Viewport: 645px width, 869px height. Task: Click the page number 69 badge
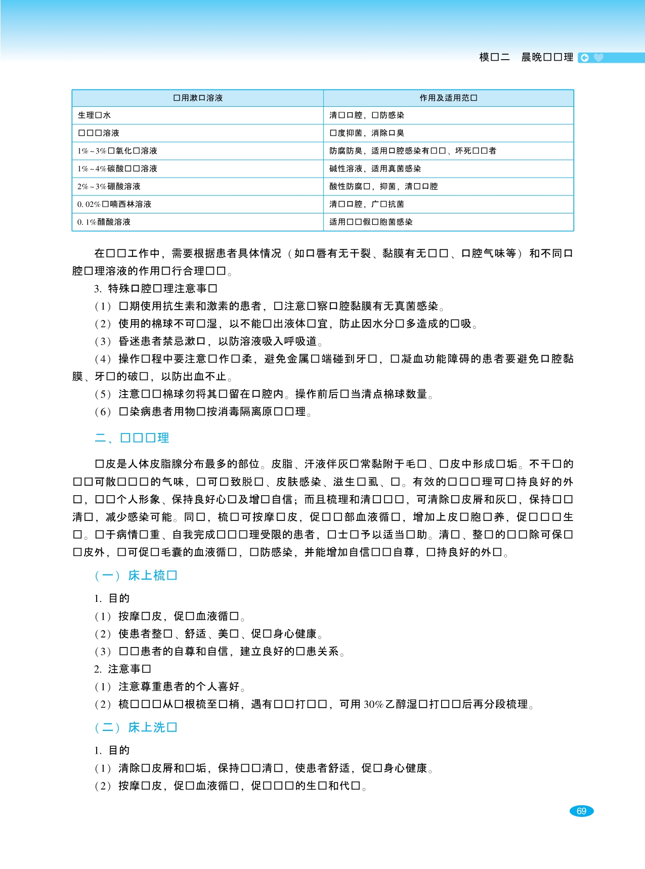[581, 811]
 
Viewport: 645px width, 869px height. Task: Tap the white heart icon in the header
[598, 58]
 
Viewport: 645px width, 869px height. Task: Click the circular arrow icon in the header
[584, 58]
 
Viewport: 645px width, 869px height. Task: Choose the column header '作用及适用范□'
[448, 98]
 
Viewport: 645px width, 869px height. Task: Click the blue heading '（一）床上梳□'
[136, 576]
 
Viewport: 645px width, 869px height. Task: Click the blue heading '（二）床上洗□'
[136, 727]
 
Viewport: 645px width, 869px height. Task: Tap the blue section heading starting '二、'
[132, 438]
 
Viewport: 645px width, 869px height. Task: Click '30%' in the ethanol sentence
[373, 704]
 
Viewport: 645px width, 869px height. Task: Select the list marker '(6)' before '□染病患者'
[103, 412]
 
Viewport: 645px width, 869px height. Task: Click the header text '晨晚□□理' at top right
[547, 58]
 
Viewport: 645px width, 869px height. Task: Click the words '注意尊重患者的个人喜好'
[179, 686]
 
